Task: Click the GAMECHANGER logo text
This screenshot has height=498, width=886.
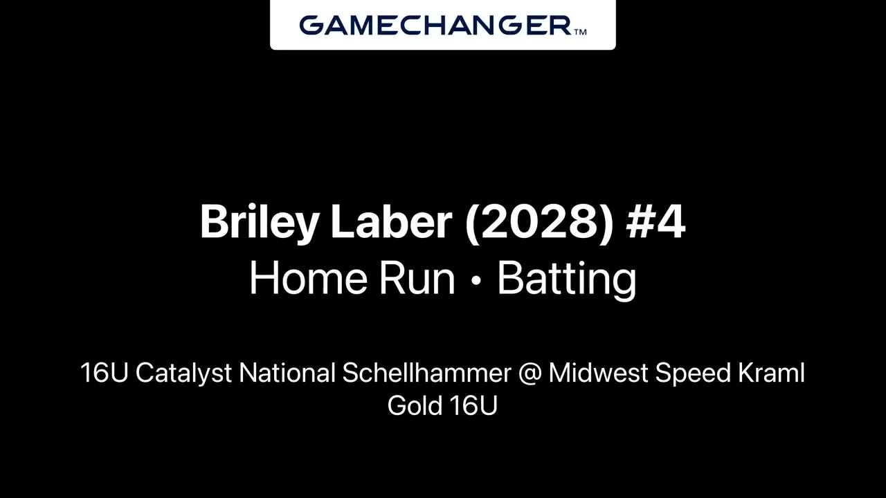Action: (435, 26)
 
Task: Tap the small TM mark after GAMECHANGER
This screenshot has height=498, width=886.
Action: (580, 32)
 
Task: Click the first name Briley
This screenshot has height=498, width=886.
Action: (260, 223)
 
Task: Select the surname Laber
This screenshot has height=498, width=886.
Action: (392, 221)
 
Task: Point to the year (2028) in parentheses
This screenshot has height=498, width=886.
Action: (539, 223)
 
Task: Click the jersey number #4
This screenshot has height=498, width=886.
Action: (656, 221)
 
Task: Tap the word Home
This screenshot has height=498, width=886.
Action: (309, 278)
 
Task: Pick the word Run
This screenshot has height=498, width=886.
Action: (417, 278)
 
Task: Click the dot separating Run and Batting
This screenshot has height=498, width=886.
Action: (477, 280)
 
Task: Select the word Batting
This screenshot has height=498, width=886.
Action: (567, 281)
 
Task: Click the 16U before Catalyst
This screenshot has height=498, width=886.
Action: (105, 373)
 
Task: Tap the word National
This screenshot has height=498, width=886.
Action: (287, 372)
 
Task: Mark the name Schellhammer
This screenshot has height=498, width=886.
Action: (427, 372)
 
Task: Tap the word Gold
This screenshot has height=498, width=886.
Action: (415, 405)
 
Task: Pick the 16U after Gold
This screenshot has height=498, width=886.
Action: (473, 406)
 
